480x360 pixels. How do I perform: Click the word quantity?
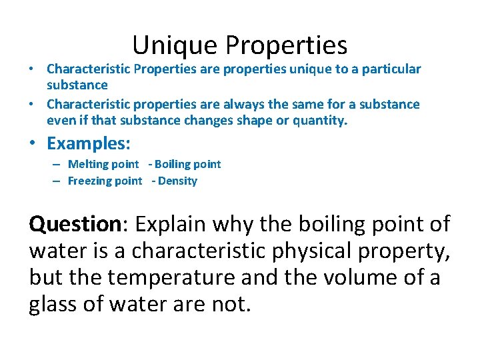pos(323,121)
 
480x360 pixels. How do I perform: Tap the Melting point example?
pos(103,164)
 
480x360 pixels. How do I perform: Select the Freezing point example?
pos(105,181)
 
